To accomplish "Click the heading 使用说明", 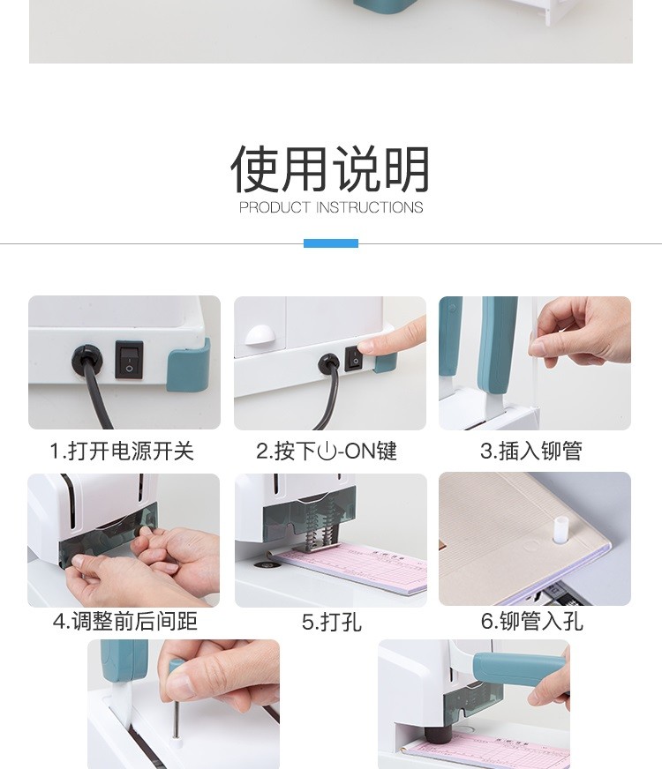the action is click(330, 168).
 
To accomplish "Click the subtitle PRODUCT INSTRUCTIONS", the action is click(331, 207).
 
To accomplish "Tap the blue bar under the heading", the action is click(331, 243).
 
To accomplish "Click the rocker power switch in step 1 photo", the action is click(129, 360).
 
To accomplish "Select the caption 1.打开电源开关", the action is click(122, 451).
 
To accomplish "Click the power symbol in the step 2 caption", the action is click(327, 452).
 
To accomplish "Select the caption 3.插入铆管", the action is click(531, 451).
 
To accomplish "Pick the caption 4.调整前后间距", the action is click(125, 621).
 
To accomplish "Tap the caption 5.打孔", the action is click(331, 622).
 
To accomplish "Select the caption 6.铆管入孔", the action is click(531, 621).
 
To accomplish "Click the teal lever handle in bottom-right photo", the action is click(520, 668).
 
